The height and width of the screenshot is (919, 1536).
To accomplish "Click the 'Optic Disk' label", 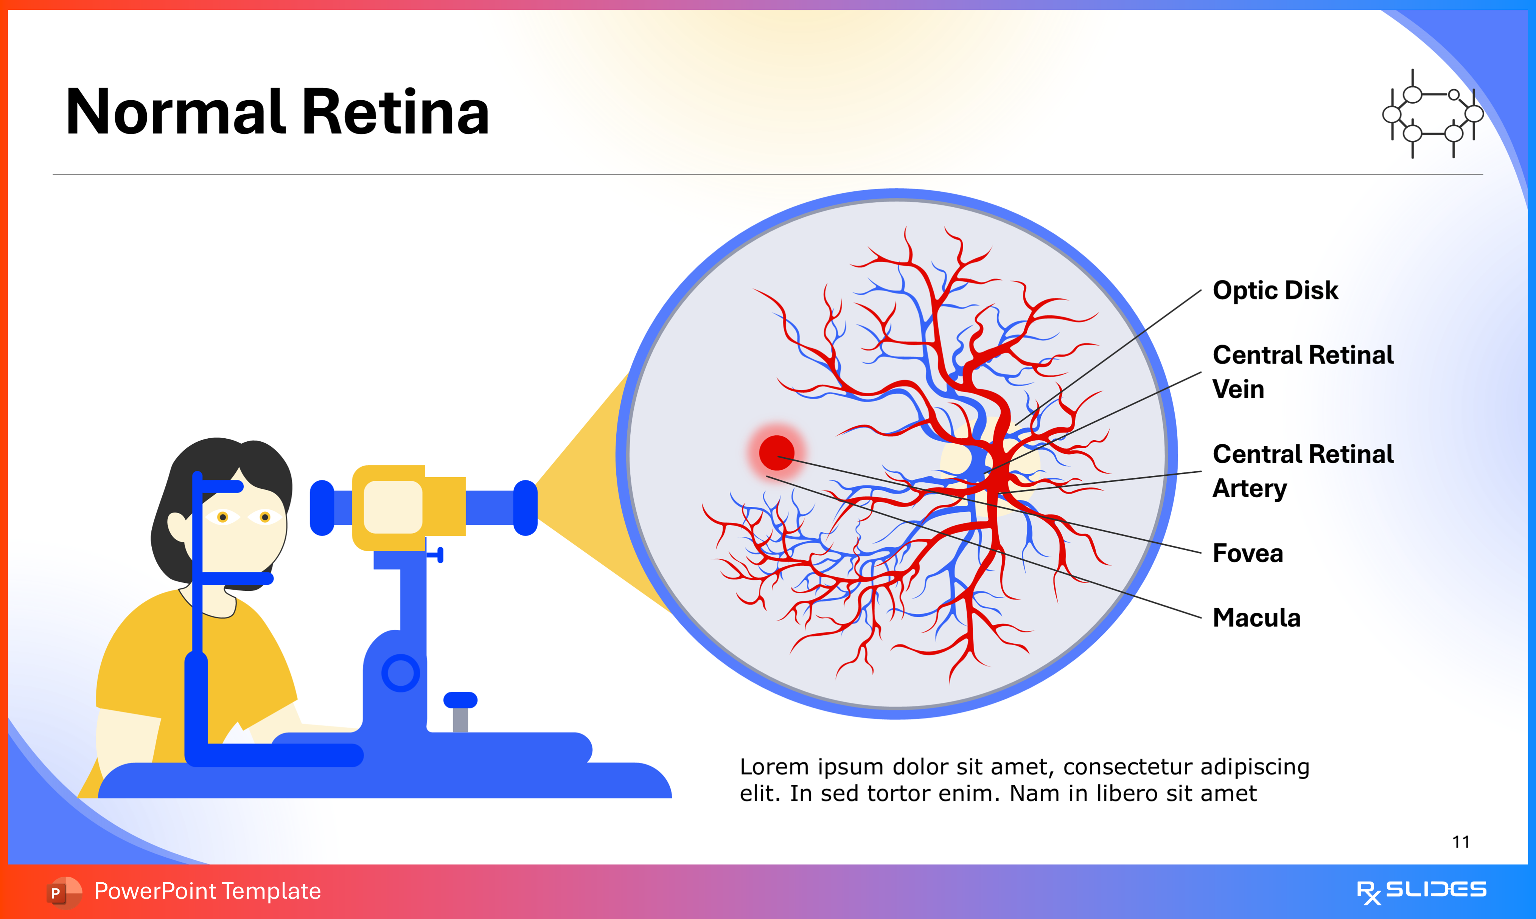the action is [1275, 290].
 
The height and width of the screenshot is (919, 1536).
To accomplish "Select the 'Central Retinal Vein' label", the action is [1303, 371].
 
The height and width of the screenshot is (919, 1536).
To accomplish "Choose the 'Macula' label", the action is [1256, 618].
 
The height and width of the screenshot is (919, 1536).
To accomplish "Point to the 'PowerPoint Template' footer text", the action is [207, 891].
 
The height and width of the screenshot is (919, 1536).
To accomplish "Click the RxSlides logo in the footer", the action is [1421, 891].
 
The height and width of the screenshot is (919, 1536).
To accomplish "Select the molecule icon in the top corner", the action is [1433, 114].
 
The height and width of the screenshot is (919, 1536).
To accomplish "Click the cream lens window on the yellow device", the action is [393, 506].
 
